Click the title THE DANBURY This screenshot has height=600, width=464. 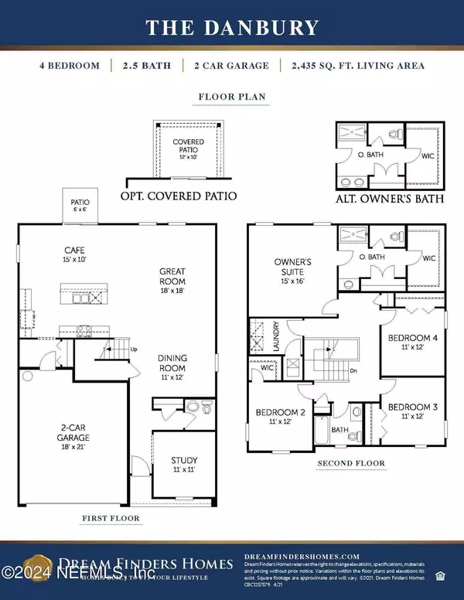(x=231, y=29)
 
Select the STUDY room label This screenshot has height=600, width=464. (x=184, y=465)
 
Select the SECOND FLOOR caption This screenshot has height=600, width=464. (x=349, y=465)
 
